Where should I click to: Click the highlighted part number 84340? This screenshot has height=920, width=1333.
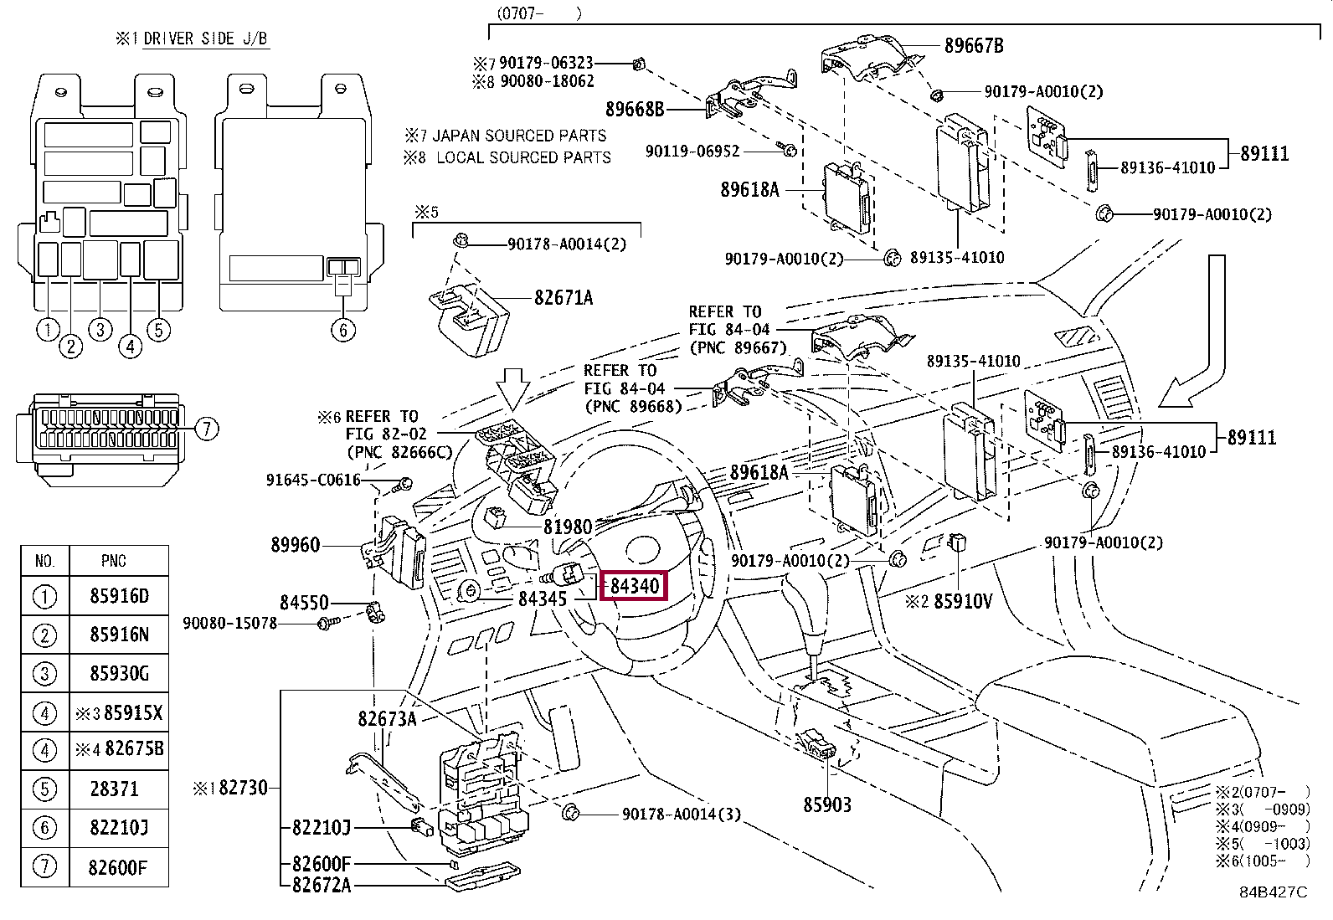coord(635,586)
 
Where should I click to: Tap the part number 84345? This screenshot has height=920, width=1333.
coord(542,599)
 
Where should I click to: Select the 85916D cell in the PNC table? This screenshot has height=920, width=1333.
coord(119,596)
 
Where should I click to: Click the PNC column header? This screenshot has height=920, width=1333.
coord(113,561)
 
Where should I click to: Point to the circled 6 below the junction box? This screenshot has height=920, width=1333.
coord(342,330)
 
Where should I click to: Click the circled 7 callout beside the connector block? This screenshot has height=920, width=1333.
coord(207,429)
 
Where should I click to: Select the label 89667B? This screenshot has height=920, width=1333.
coord(974,46)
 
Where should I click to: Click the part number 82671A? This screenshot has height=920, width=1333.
coord(564,297)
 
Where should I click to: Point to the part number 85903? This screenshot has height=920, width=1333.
coord(827,805)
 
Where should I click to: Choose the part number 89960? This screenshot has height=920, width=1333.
coord(296,545)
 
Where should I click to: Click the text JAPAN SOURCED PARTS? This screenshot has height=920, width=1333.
coord(519,136)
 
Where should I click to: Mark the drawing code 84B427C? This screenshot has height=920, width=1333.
coord(1274,892)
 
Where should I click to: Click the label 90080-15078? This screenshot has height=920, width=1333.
coord(229,623)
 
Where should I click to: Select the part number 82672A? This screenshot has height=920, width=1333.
coord(322,886)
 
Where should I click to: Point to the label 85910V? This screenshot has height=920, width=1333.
coord(963,602)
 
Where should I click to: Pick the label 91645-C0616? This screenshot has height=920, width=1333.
coord(314,480)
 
